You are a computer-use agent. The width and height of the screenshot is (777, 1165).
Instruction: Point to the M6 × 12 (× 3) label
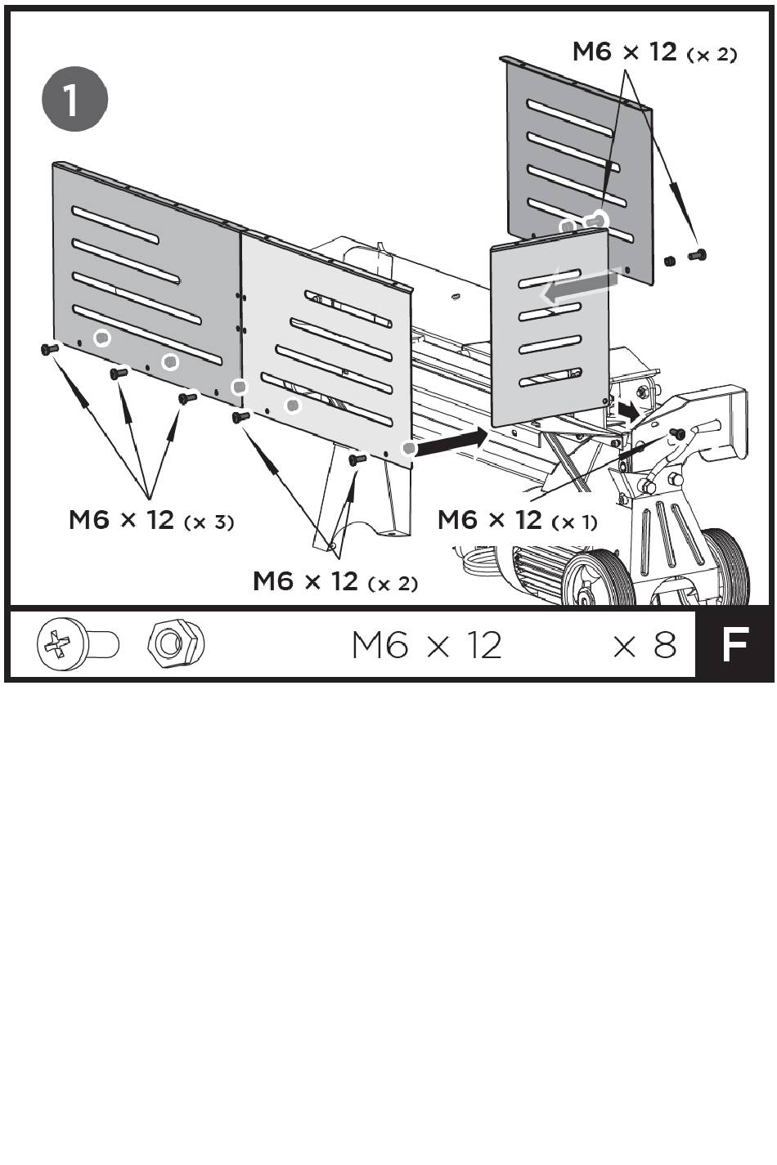point(151,520)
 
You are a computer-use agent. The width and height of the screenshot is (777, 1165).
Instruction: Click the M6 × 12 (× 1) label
point(517,520)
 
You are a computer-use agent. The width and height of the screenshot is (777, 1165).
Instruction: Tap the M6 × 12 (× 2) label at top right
point(654,52)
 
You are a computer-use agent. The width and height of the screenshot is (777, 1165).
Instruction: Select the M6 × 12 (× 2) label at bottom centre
point(335,581)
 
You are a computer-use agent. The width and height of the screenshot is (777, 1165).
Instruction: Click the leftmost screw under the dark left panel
point(48,349)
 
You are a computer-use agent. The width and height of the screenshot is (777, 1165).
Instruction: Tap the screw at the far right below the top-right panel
point(697,256)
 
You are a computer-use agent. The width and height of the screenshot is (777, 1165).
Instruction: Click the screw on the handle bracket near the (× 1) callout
point(676,432)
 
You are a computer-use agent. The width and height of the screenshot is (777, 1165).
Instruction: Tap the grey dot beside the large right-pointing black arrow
point(409,448)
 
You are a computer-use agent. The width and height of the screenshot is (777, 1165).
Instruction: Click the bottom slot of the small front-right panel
point(550,377)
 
